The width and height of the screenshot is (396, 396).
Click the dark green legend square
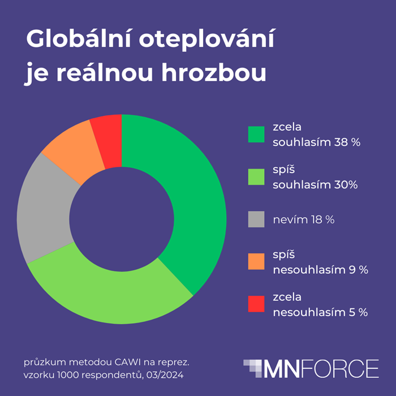[x=256, y=134]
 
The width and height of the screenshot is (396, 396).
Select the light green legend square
[x=256, y=177]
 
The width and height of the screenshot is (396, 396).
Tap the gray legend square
[x=256, y=219]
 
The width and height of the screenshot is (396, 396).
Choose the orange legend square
[x=256, y=262]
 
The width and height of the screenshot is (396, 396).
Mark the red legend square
[x=256, y=304]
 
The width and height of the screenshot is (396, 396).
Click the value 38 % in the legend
[x=346, y=143]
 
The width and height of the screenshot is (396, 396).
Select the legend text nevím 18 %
[x=303, y=219]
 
